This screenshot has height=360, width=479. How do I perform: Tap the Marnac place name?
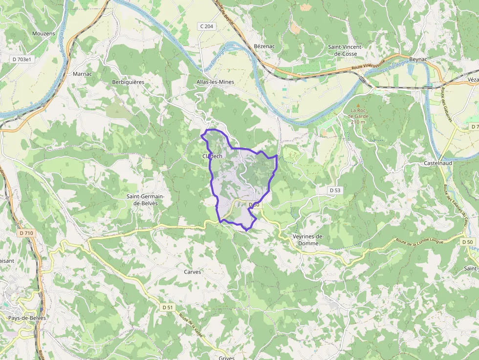coord(82,74)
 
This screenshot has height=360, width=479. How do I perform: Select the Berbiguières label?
coord(128,82)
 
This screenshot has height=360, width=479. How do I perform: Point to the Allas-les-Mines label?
coord(216,82)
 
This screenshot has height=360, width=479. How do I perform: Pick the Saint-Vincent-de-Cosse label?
coord(349,50)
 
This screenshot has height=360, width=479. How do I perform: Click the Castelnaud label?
coord(438,163)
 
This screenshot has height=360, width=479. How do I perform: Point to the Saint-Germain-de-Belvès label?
coord(146,200)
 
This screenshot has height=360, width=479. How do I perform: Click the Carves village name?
coord(193,272)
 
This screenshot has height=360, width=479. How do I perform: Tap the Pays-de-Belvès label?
coord(27,318)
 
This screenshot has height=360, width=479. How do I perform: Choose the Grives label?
coord(227,358)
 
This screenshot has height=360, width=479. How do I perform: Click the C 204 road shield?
coord(207,26)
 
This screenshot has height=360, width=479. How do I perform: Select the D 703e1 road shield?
coord(22,59)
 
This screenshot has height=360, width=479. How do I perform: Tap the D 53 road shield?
coord(335,190)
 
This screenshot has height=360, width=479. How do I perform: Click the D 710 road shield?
coord(27,233)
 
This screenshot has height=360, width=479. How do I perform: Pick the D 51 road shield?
coord(167,307)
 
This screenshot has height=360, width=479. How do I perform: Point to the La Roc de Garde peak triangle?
coord(358,105)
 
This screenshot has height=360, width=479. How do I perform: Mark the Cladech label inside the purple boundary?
coord(212,156)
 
